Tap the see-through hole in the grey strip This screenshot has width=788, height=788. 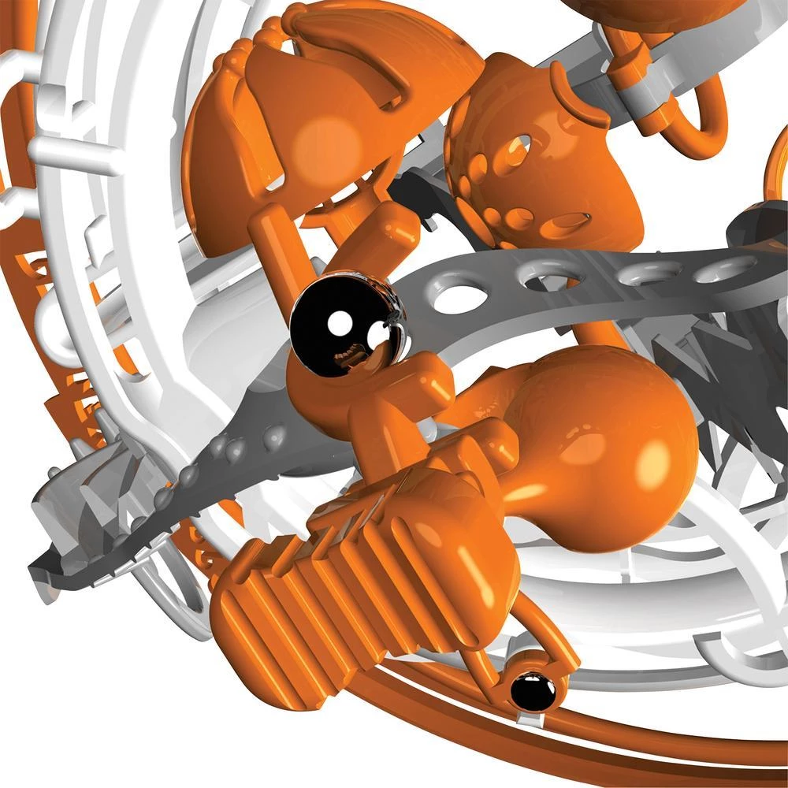click(459, 298)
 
